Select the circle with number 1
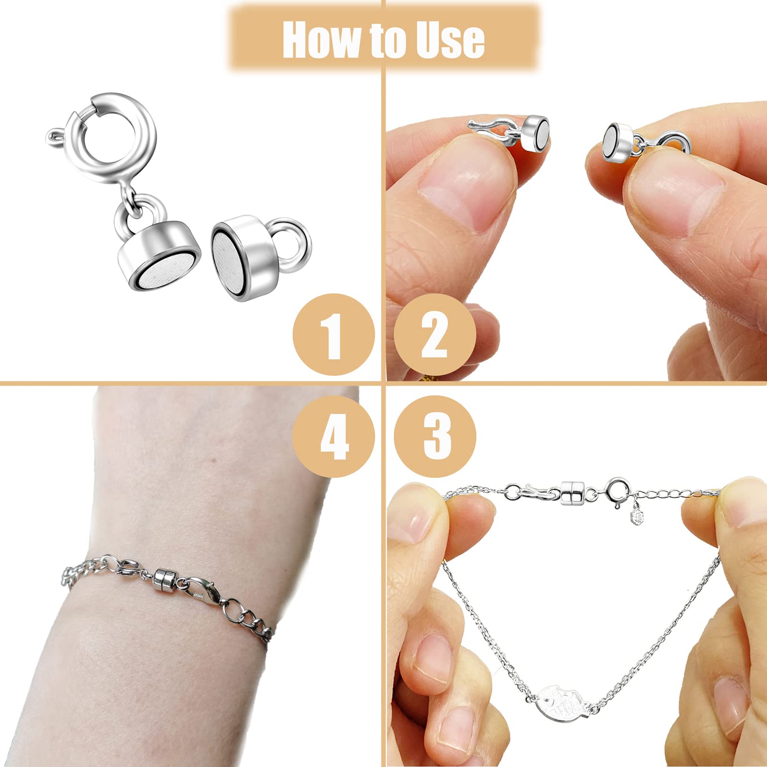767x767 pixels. pos(334,335)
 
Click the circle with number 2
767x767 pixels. pos(435,335)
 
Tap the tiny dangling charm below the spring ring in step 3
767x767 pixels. pos(638,516)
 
